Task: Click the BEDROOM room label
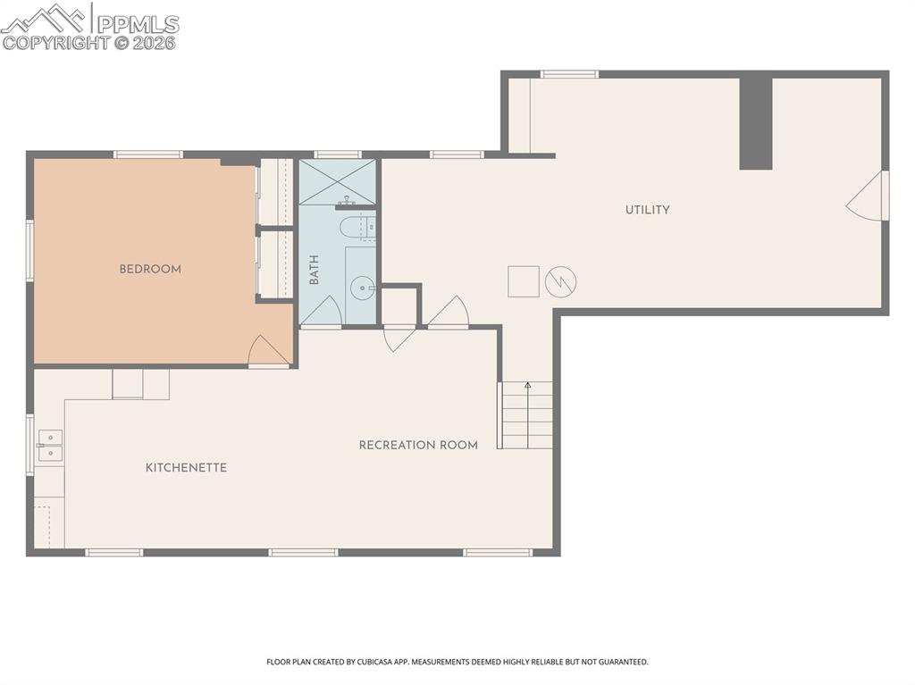(150, 269)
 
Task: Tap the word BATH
(314, 270)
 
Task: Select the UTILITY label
(647, 210)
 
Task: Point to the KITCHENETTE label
(186, 467)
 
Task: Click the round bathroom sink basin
(363, 287)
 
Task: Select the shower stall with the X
(338, 181)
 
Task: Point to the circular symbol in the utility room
(561, 282)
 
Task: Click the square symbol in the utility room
(524, 281)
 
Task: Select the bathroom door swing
(320, 310)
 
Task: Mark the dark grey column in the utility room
(756, 123)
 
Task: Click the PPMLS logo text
(138, 24)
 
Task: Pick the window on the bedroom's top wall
(148, 155)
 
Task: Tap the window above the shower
(338, 155)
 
